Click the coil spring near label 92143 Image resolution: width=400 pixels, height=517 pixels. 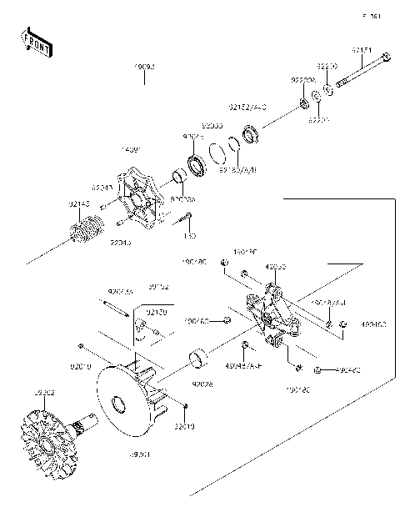point(87,226)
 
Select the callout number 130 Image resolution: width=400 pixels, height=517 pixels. point(190,236)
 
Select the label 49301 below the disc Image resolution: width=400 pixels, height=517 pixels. point(139,455)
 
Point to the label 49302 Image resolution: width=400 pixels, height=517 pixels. point(21,392)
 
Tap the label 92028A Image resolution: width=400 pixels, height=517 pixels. point(182,199)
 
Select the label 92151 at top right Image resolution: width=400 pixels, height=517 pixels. point(361,49)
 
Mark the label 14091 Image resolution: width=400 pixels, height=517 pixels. point(132,148)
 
